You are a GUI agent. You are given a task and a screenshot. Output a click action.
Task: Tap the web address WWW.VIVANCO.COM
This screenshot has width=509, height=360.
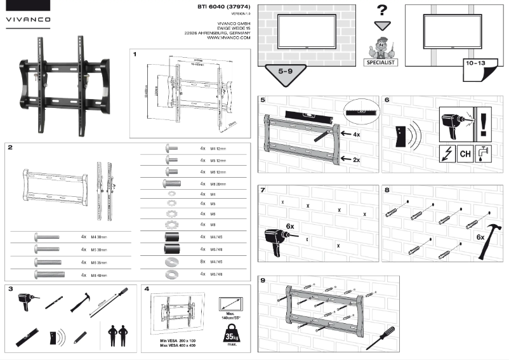click(x=228, y=37)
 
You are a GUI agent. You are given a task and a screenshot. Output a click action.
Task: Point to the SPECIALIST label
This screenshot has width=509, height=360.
click(x=381, y=63)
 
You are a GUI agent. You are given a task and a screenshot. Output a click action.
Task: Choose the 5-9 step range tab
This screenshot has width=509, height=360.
click(x=285, y=74)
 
